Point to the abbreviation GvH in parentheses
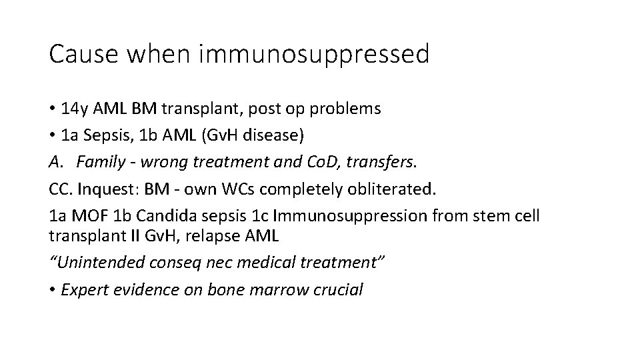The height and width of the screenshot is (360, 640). point(238,136)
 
